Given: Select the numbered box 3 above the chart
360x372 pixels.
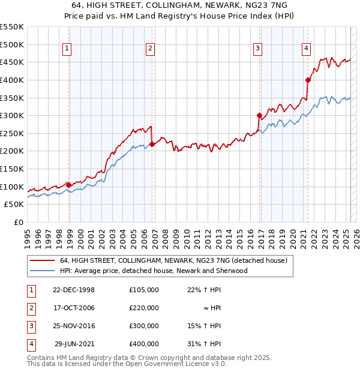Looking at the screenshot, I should click(257, 49).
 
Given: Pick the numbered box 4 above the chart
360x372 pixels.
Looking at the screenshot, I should click(306, 49).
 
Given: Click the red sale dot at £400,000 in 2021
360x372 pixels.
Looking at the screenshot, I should click(308, 79).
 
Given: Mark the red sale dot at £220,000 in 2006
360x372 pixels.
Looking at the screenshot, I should click(152, 144).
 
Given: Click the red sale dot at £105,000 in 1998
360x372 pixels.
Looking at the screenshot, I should click(68, 185).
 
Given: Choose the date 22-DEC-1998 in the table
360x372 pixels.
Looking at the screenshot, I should click(74, 290).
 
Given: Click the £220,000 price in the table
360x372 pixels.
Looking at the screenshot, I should click(144, 308).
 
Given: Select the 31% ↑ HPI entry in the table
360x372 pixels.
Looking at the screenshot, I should click(205, 344).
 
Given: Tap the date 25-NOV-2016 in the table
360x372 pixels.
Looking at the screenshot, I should click(74, 326).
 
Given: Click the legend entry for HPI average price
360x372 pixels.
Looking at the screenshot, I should click(154, 271).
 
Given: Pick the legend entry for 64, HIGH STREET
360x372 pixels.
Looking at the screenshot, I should click(174, 261).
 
